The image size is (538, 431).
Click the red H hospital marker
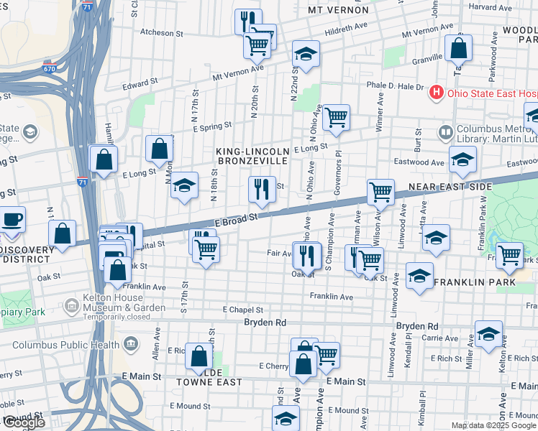(x=435, y=92)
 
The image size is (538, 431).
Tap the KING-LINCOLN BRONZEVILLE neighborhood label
(x=253, y=157)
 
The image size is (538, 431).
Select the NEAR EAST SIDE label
(x=450, y=187)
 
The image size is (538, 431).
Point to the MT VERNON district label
(x=337, y=10)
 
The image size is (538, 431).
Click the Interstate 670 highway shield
(x=48, y=69)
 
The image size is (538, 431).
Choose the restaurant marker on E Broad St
(x=262, y=190)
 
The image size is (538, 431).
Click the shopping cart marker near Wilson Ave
(x=380, y=192)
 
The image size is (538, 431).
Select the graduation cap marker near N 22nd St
(x=306, y=54)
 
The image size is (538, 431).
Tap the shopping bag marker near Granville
(x=458, y=49)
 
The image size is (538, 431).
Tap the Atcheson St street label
(x=157, y=33)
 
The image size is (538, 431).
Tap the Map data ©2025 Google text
(x=493, y=425)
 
